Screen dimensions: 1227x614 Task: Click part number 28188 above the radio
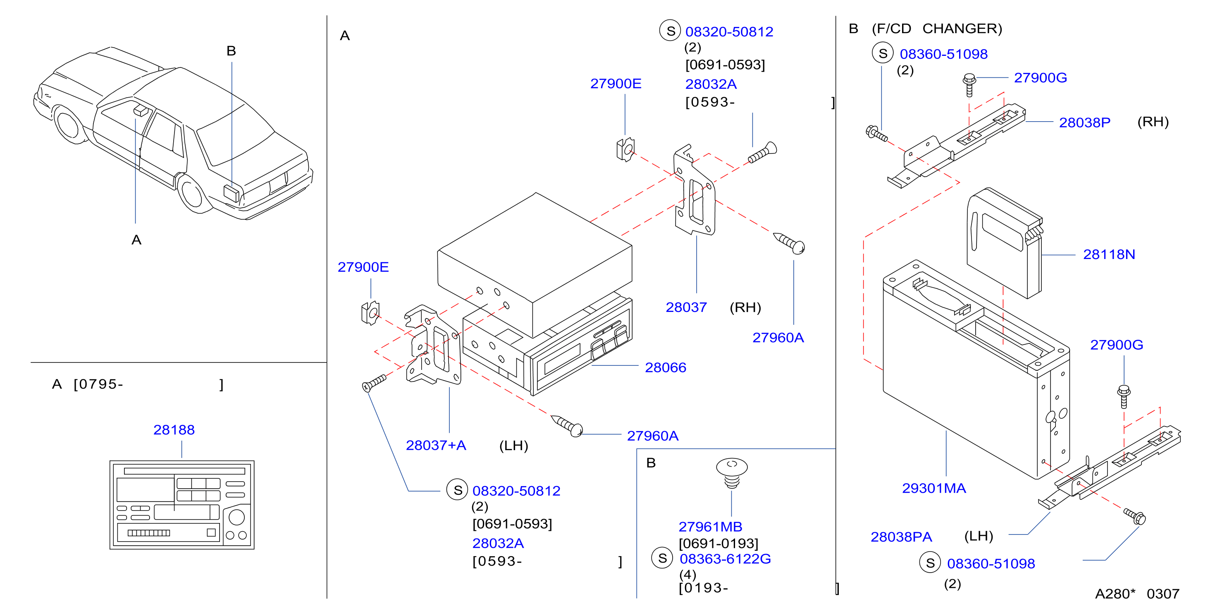pos(174,430)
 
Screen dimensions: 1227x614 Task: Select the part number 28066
pos(666,367)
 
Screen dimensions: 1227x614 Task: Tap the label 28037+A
pos(436,445)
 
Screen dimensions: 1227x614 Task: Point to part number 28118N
pos(1109,254)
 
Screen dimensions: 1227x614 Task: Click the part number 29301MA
pos(933,488)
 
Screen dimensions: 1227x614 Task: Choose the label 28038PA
pos(901,537)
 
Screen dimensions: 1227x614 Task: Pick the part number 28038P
pos(1085,122)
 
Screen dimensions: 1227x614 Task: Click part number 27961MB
pos(710,527)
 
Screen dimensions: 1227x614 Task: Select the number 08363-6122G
pos(725,559)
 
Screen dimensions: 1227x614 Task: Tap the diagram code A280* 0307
pos(1137,593)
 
